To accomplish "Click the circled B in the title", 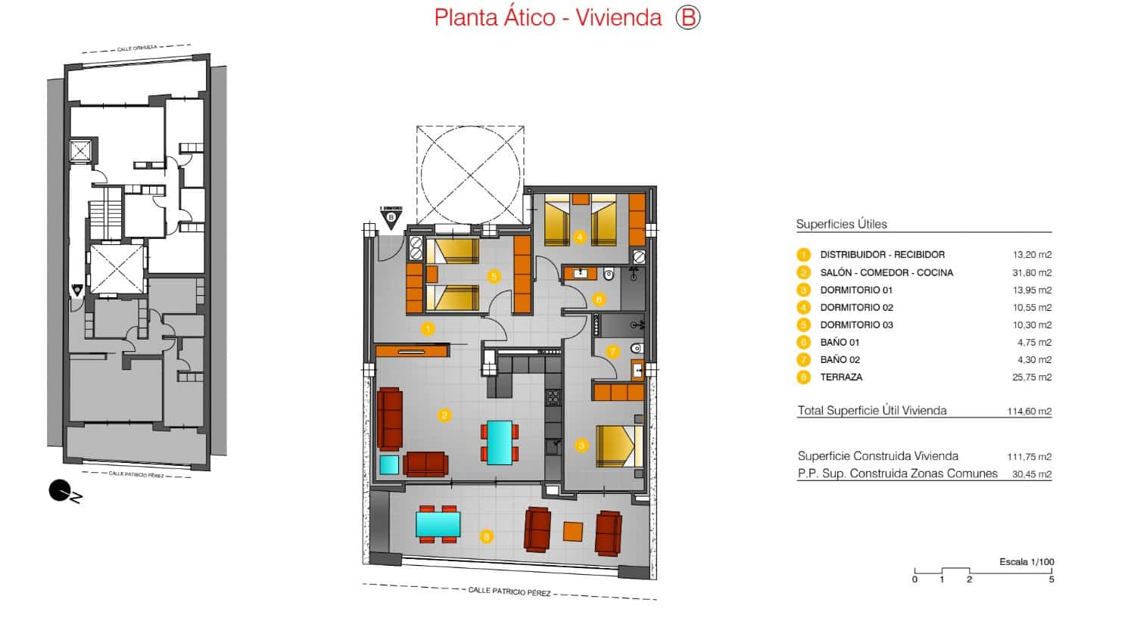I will point(687,17).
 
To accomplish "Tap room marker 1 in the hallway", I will point(428,329).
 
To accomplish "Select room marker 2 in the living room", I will point(444,415).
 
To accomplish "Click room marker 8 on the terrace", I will point(486,537).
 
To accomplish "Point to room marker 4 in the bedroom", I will point(580,237).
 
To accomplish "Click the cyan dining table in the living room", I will point(499,443).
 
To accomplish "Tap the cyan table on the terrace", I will point(438,524).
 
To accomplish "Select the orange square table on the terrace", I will point(573,532).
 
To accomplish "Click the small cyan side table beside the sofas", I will point(389,464).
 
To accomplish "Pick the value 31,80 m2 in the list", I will point(1032,272).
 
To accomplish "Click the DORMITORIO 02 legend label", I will point(856,307).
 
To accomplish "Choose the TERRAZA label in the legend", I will point(841,377).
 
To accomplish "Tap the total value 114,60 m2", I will point(1029,411).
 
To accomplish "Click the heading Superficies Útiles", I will point(841,224).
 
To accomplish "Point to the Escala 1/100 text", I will point(1026,562).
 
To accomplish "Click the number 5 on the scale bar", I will point(1051,579).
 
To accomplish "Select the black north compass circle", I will point(59,491).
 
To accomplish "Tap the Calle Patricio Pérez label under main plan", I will point(509,592).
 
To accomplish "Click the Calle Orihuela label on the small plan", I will point(137,48).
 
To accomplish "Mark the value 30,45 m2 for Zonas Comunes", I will point(1032,474).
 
